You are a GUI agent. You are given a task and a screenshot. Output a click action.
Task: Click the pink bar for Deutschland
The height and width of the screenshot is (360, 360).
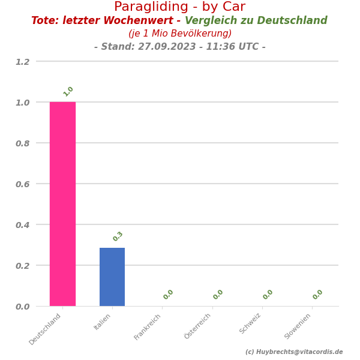coord(62,204)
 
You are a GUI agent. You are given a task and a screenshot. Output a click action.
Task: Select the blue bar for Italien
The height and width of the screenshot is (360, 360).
coord(112,277)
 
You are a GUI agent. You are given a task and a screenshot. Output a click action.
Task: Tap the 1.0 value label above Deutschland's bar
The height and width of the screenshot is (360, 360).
coord(68,91)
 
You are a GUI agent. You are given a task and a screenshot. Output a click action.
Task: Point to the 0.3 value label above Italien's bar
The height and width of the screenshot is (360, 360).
coord(118,236)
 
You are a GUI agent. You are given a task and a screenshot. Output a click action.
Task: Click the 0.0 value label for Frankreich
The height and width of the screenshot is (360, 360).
coord(169,295)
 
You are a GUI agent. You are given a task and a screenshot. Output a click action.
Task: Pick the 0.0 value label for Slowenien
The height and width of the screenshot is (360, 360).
coord(318,295)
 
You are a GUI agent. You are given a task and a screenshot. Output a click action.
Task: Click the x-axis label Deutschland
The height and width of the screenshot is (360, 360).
coord(46,329)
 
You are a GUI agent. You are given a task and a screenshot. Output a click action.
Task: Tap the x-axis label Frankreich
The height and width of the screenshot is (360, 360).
coord(148,327)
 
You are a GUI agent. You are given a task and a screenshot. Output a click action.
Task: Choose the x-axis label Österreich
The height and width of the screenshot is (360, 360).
coord(198,326)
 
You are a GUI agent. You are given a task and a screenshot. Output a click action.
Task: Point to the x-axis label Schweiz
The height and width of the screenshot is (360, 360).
coord(251,324)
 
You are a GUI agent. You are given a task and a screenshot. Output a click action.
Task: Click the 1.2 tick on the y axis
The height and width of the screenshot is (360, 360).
coord(22,61)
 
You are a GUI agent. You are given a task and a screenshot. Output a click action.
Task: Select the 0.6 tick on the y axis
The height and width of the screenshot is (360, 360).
coord(22,184)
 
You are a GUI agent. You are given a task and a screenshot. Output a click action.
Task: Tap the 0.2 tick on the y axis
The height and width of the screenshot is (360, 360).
coord(22,265)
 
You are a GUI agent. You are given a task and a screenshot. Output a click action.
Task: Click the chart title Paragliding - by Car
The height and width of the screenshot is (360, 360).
coord(179,7)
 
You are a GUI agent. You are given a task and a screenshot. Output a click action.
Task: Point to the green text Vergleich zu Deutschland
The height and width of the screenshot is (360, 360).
coord(256,21)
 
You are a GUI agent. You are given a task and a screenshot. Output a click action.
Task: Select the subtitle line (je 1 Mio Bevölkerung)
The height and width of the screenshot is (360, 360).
coord(180,34)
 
